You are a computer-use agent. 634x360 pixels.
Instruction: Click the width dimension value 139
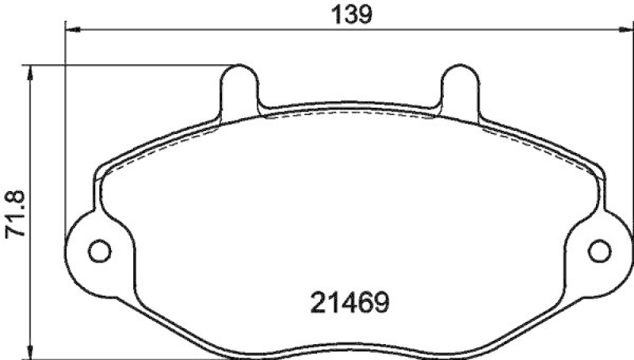click(x=348, y=14)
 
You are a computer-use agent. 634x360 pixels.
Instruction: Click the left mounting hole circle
click(x=98, y=251)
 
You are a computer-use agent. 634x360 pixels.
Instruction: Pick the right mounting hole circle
click(x=600, y=251)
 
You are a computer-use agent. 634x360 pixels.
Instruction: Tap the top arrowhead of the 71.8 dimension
click(x=31, y=72)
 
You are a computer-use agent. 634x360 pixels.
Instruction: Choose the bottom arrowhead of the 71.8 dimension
click(x=31, y=352)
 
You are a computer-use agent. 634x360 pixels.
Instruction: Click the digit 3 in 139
click(x=348, y=14)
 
